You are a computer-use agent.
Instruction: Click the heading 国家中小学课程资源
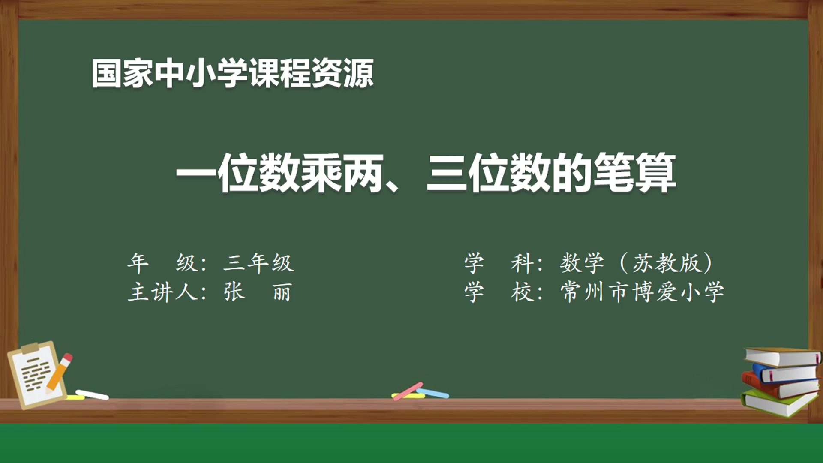pyautogui.click(x=232, y=74)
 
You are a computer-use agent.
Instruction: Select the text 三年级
pyautogui.click(x=258, y=263)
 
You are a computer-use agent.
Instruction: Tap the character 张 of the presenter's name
pyautogui.click(x=234, y=292)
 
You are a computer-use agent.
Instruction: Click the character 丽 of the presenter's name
pyautogui.click(x=282, y=292)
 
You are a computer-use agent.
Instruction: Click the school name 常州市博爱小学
pyautogui.click(x=642, y=292)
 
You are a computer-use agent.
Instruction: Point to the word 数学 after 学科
pyautogui.click(x=582, y=263)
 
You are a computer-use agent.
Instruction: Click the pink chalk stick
pyautogui.click(x=408, y=391)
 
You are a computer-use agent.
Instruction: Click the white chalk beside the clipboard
pyautogui.click(x=92, y=394)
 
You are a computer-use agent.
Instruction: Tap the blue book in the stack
pyautogui.click(x=787, y=373)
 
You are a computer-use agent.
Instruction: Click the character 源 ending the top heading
pyautogui.click(x=358, y=74)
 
